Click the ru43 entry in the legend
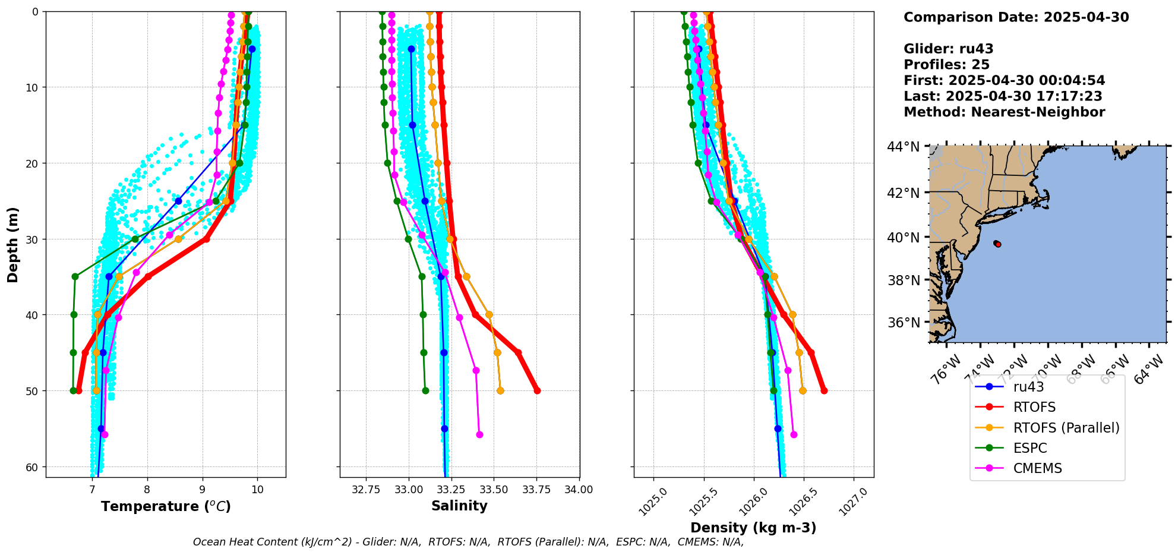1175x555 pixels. coord(1028,387)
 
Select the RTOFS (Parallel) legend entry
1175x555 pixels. coord(1066,428)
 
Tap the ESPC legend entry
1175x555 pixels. coord(1029,448)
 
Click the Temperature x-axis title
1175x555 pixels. coord(166,506)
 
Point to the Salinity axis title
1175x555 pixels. coord(459,506)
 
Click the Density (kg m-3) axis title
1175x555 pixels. coord(753,528)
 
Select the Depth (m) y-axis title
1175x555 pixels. coord(13,244)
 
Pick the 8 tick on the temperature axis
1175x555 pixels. coord(147,490)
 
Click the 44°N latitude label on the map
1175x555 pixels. coord(903,147)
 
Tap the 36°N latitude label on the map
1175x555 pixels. coord(903,323)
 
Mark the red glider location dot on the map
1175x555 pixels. coord(998,244)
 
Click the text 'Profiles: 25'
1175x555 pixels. coord(946,65)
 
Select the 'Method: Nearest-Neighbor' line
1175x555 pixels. coord(1004,112)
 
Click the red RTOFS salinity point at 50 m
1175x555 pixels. coord(537,390)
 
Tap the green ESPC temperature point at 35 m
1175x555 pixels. coord(75,276)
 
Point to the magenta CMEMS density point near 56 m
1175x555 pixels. coord(794,434)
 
